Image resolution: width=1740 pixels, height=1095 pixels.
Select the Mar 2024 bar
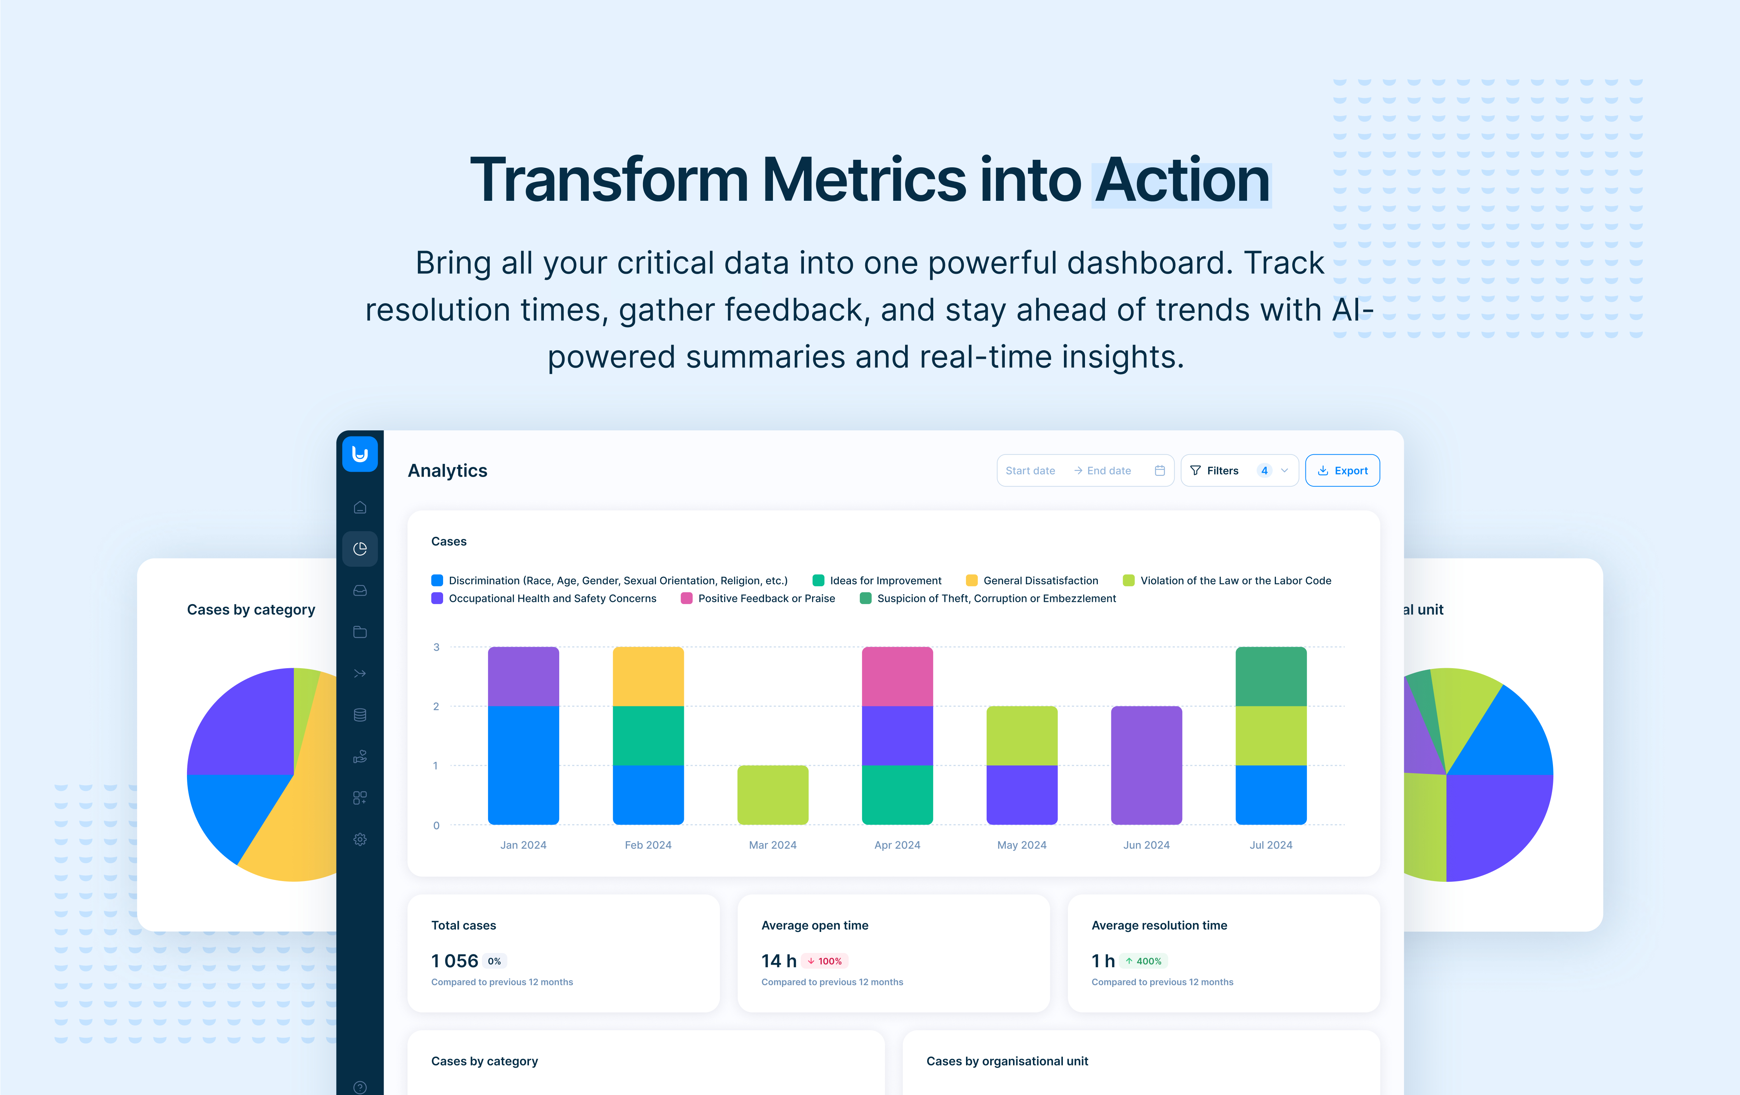pos(773,795)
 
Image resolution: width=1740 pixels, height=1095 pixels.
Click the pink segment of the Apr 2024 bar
pos(898,676)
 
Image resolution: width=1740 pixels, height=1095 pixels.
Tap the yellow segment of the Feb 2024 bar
pos(648,676)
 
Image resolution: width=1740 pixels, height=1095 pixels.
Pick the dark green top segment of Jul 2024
pos(1271,676)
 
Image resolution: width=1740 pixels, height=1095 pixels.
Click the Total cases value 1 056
pos(455,961)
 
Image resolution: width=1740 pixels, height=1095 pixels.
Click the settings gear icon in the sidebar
pos(360,839)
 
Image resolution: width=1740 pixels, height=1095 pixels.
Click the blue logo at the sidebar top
pos(360,454)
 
